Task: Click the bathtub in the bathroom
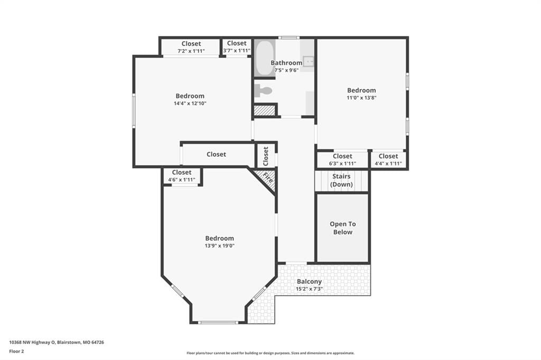click(265, 58)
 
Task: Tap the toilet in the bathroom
click(263, 91)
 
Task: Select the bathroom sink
click(309, 61)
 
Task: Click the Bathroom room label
click(286, 63)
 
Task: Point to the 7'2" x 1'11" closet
click(191, 47)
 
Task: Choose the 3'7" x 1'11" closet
click(237, 47)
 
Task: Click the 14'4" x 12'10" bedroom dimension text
click(190, 103)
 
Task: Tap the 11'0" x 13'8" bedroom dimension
click(361, 98)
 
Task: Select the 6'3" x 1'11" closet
click(342, 159)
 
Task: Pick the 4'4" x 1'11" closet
click(388, 159)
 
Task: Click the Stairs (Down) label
click(341, 181)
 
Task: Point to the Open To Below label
click(342, 228)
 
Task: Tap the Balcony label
click(309, 281)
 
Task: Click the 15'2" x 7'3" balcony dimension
click(309, 289)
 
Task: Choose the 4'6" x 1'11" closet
click(182, 176)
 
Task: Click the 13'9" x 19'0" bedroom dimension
click(219, 245)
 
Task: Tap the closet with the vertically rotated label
click(266, 156)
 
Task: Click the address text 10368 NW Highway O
click(32, 343)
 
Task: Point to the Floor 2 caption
click(16, 352)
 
